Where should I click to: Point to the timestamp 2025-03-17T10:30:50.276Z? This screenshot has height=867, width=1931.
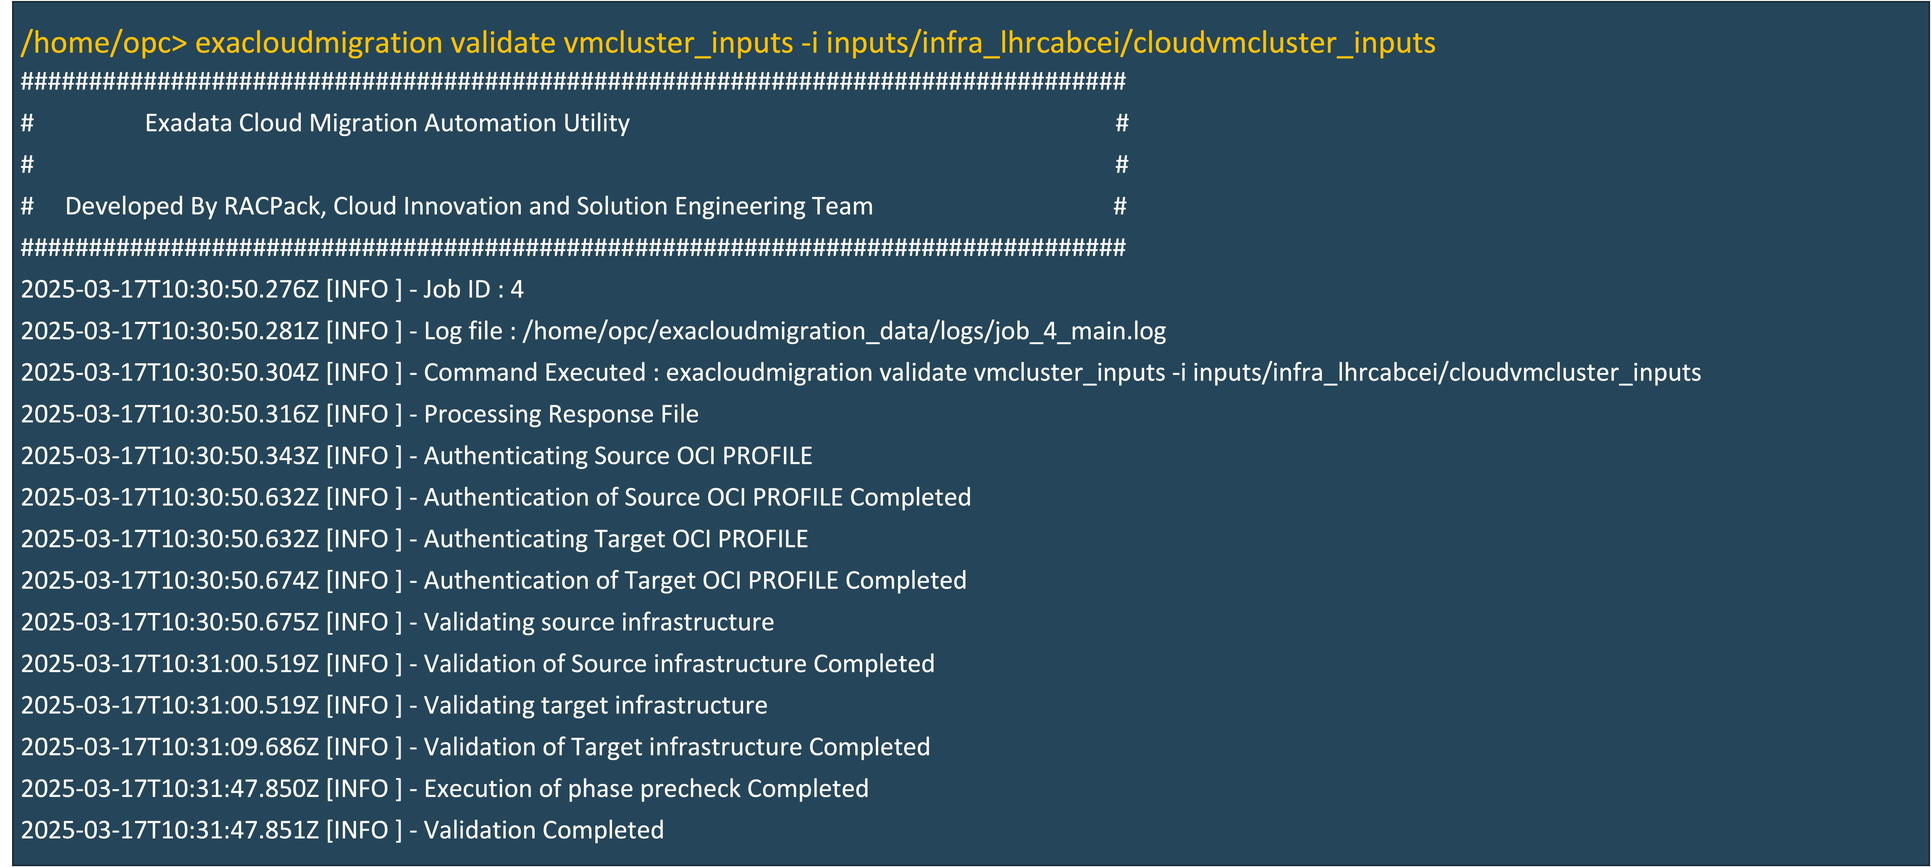169,289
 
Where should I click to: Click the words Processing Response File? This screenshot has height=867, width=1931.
561,414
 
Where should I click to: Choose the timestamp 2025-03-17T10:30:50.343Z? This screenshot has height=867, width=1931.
169,456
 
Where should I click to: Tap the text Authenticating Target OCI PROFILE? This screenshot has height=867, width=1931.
616,539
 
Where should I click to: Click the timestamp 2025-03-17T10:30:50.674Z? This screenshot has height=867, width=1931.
169,581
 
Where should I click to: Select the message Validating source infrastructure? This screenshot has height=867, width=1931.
598,622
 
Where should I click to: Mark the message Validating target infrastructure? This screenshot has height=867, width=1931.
595,705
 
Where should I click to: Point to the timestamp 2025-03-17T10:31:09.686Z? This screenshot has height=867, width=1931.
169,747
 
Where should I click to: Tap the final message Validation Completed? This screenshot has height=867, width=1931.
544,830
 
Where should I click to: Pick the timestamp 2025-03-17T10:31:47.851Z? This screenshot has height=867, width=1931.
169,830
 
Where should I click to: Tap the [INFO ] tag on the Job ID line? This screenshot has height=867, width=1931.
364,289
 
